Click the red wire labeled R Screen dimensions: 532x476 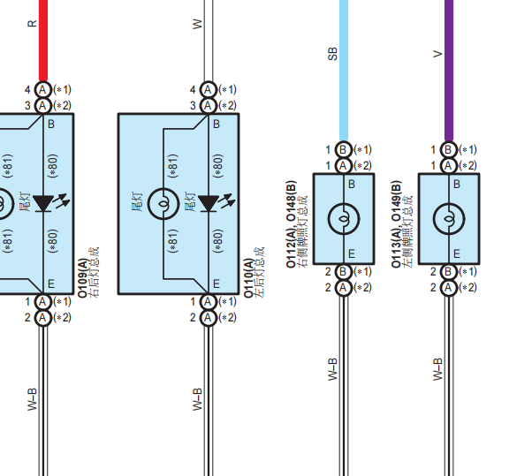[x=43, y=41]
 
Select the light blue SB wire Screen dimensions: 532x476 [x=344, y=71]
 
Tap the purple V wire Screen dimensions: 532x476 [x=449, y=71]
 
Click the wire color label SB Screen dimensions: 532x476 [x=333, y=54]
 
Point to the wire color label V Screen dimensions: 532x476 [x=437, y=54]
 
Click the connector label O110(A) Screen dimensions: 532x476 [x=248, y=278]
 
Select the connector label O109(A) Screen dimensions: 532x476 [x=83, y=278]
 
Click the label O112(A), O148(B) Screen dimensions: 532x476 [x=291, y=224]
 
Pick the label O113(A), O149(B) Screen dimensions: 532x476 [x=396, y=224]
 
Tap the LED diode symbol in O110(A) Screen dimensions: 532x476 [x=208, y=203]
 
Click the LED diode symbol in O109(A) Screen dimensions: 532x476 [x=42, y=203]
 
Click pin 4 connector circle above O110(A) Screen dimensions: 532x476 [x=208, y=90]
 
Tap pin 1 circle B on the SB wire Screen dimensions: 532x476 [x=344, y=149]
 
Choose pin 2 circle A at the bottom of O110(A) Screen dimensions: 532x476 [x=208, y=318]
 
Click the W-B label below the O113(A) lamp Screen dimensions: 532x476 [x=437, y=369]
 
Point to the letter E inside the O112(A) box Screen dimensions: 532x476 [x=352, y=253]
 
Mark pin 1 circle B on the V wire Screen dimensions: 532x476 [x=449, y=149]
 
